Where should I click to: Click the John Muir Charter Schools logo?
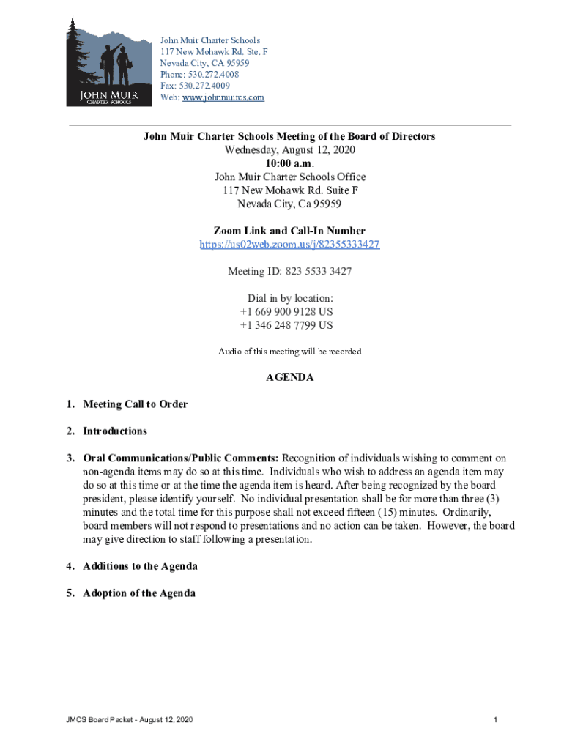[103, 62]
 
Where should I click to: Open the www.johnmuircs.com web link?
[223, 97]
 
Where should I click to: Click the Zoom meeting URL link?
[289, 245]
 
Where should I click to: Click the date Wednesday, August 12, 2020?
[289, 150]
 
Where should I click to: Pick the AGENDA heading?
[289, 378]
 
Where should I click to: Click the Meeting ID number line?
[289, 272]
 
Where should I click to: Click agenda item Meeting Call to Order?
[136, 404]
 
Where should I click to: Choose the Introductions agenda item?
[115, 431]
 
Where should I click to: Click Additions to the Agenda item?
[140, 566]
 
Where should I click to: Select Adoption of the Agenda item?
[139, 593]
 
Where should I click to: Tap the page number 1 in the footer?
[496, 721]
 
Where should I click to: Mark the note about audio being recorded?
[289, 352]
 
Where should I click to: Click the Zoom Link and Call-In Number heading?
[289, 231]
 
